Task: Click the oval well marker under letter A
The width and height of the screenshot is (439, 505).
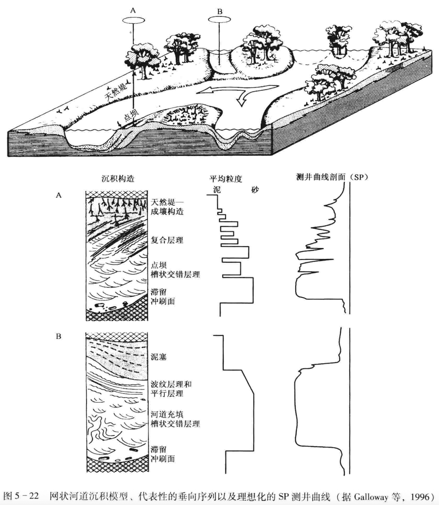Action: tap(133, 20)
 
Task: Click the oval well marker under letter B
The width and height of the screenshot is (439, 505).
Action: tap(220, 19)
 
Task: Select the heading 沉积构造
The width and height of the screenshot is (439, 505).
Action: tap(118, 179)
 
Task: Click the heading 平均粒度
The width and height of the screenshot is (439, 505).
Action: tap(226, 179)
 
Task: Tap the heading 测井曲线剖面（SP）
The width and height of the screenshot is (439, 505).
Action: tap(332, 177)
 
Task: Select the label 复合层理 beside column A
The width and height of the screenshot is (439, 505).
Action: tap(167, 240)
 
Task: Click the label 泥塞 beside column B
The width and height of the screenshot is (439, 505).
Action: tap(158, 357)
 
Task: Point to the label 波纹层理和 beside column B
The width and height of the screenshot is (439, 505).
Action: tap(171, 384)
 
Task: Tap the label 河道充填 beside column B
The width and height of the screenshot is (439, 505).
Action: tap(167, 414)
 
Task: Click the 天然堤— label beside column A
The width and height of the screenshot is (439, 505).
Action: tap(167, 202)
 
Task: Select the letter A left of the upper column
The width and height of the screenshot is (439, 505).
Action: tap(59, 195)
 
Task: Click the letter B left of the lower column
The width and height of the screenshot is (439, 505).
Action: tap(59, 336)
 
